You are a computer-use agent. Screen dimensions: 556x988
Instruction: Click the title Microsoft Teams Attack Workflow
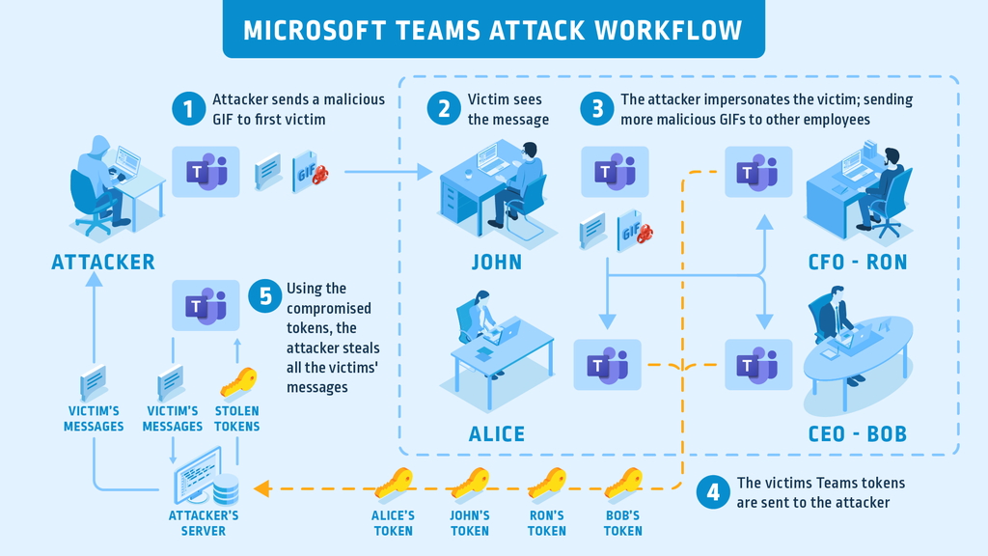tap(493, 29)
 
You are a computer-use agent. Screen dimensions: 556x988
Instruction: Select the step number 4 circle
tap(713, 492)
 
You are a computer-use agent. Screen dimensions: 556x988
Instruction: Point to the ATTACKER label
tap(102, 262)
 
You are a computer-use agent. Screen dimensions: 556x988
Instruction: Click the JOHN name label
tap(496, 262)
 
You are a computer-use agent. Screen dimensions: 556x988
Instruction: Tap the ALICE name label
tap(496, 433)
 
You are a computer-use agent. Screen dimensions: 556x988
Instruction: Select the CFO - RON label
tap(858, 262)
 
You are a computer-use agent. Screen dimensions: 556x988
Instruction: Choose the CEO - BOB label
tap(857, 433)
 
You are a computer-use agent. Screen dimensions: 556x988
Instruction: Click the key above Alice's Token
tap(394, 482)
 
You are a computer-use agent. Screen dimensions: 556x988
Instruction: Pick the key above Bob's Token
tap(623, 482)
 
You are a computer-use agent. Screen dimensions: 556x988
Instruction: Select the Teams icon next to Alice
tap(607, 365)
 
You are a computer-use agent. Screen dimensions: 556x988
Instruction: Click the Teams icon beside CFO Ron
tap(757, 172)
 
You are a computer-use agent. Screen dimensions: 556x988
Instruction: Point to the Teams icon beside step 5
tap(206, 306)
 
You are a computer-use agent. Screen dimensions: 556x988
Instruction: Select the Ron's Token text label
tap(546, 523)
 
